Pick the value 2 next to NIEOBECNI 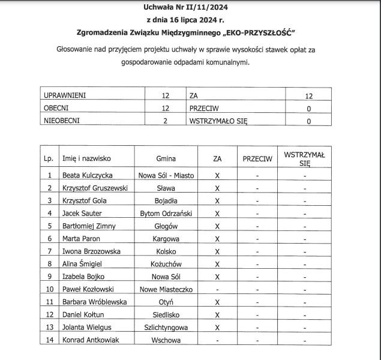click(166, 121)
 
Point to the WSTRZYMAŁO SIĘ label click(218, 121)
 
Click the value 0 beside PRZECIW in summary click(308, 109)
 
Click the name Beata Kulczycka click(88, 176)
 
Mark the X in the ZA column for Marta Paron click(217, 239)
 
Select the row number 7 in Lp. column click(50, 251)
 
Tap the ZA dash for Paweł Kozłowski click(217, 290)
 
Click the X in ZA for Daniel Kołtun click(217, 315)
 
